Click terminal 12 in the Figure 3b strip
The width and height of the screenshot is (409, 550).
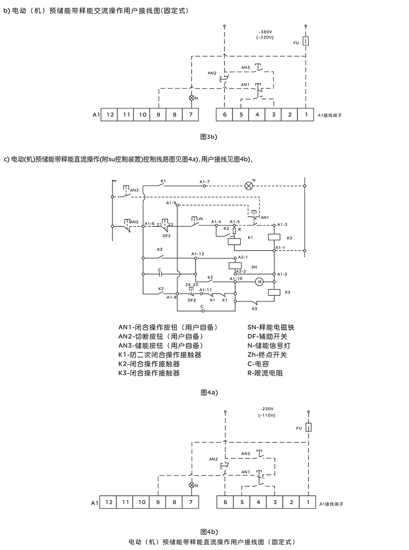tap(110, 115)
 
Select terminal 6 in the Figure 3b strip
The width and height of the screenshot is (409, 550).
tap(225, 115)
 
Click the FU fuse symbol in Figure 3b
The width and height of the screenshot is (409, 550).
tap(306, 42)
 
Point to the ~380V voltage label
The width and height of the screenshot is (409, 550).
tap(266, 32)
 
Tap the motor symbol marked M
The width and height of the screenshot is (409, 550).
tap(259, 281)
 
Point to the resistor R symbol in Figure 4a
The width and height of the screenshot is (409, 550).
tap(234, 231)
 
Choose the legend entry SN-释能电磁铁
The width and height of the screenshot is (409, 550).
tap(271, 328)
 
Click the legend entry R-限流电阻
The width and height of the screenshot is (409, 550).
tap(265, 373)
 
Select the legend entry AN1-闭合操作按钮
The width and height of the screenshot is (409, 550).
tap(168, 328)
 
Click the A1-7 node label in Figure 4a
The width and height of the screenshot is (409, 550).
tap(204, 182)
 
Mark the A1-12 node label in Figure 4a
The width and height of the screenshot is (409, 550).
tap(198, 254)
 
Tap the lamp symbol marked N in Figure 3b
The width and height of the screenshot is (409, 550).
tap(192, 97)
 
